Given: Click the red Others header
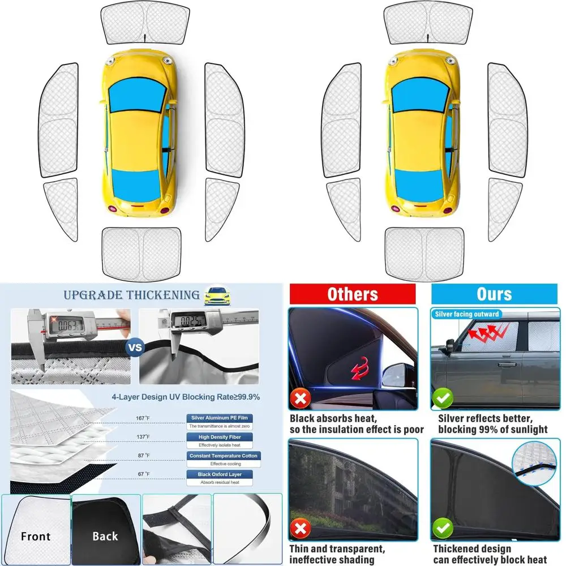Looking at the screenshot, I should [x=352, y=294].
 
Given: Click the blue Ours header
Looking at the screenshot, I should [x=494, y=294].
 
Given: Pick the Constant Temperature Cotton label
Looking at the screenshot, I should [x=222, y=456].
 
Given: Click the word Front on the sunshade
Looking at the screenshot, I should [x=35, y=536].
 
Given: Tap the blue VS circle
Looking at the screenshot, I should [x=135, y=348].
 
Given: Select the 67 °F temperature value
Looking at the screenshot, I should [x=143, y=474].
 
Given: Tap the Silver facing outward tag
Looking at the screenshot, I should [x=467, y=314].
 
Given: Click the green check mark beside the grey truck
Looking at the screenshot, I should [x=443, y=399].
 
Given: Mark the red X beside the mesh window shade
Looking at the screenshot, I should [x=301, y=530].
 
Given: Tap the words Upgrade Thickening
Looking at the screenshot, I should [x=132, y=295].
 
